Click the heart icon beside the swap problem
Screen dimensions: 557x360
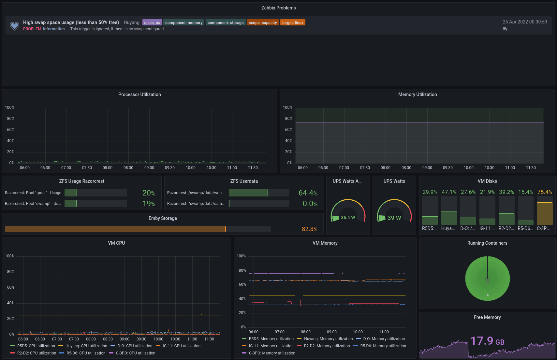(14, 26)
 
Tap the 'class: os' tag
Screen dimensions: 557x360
(152, 22)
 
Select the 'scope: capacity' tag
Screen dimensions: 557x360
(263, 22)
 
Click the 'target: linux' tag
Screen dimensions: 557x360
(293, 22)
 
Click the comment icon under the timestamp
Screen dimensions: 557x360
(505, 29)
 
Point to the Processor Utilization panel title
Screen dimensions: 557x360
(139, 94)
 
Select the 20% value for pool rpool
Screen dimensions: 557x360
(149, 193)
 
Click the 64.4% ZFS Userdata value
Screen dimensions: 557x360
(308, 193)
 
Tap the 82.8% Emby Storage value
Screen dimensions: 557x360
(309, 229)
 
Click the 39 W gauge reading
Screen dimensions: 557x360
(394, 218)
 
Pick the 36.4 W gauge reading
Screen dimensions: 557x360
(348, 218)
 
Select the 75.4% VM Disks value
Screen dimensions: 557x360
(545, 192)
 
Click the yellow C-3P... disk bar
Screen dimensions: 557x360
(545, 214)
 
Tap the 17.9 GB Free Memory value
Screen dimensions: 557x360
(487, 341)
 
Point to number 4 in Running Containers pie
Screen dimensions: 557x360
(487, 295)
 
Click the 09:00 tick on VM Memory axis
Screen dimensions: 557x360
(331, 332)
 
